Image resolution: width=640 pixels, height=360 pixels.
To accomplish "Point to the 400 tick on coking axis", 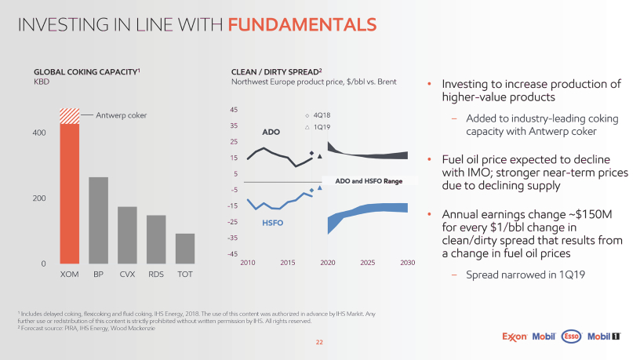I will pyautogui.click(x=38, y=133).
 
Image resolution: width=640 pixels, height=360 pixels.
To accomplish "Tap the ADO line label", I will pyautogui.click(x=271, y=133).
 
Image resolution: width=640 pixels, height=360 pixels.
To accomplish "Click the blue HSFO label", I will pyautogui.click(x=271, y=223).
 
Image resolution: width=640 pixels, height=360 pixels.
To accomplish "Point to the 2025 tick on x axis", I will pyautogui.click(x=367, y=262).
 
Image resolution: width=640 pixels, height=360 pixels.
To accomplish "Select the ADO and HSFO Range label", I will pyautogui.click(x=368, y=181).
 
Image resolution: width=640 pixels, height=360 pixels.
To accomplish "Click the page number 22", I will pyautogui.click(x=319, y=342).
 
